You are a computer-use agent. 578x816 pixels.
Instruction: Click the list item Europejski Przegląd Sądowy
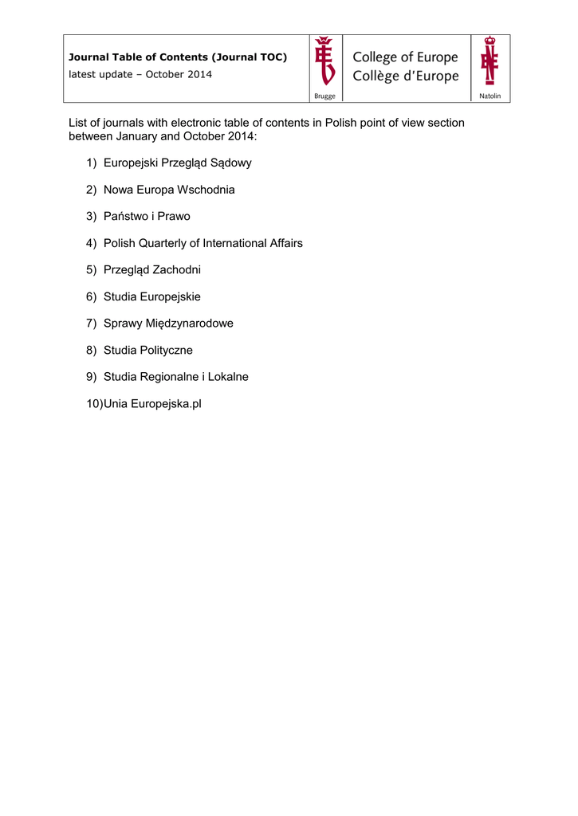pos(177,163)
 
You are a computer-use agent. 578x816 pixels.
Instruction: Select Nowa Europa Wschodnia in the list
pos(169,190)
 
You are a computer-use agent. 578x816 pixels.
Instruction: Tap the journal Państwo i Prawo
pos(147,217)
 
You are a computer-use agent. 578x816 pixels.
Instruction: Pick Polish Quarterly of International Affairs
pos(202,243)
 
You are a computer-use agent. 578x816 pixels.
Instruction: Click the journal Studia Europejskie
pos(151,296)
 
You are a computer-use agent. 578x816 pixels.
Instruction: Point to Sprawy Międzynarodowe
pos(168,324)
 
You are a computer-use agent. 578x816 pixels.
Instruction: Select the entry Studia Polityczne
pos(147,350)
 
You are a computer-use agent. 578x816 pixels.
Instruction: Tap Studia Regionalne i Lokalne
pos(175,377)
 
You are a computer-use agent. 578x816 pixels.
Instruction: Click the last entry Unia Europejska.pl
pos(152,403)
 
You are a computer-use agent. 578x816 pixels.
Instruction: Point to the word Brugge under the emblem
pos(325,96)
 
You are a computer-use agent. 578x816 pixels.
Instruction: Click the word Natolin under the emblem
pos(490,96)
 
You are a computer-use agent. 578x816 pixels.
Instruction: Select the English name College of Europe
pos(405,57)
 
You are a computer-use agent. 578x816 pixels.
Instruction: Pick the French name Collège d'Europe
pos(406,76)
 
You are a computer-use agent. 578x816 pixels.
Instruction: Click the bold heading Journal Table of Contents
pos(178,57)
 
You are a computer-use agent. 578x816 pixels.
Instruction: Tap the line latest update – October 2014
pos(140,74)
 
